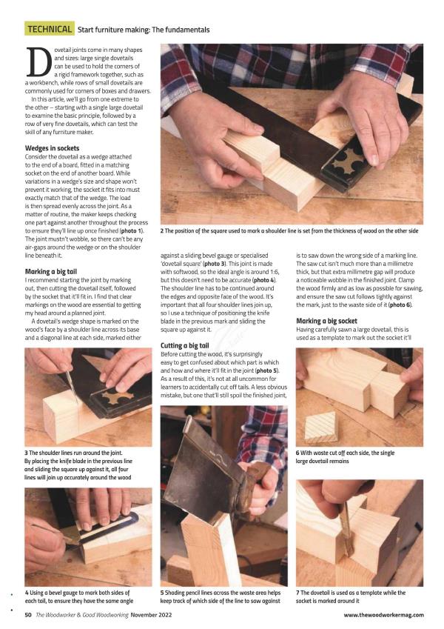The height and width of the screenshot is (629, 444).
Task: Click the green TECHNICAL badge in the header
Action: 50,29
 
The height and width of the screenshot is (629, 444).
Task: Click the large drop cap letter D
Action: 39,62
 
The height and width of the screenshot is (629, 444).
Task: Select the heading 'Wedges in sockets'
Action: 52,148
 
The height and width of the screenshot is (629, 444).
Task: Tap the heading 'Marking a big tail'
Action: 51,272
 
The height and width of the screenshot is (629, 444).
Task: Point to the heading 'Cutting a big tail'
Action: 185,345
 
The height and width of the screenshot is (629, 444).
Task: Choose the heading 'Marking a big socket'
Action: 326,321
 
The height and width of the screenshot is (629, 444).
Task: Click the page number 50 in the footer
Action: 28,615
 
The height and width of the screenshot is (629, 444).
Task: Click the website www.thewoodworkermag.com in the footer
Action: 383,615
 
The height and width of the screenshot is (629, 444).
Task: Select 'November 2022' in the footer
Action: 151,615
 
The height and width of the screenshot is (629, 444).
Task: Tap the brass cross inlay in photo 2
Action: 351,158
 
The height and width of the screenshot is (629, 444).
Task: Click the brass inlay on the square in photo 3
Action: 118,396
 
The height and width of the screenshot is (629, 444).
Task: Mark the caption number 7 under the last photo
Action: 297,593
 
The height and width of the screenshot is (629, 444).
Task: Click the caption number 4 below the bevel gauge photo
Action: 27,593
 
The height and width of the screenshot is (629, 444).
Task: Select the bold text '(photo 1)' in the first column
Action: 132,230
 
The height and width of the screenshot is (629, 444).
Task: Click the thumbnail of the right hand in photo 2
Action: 373,159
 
